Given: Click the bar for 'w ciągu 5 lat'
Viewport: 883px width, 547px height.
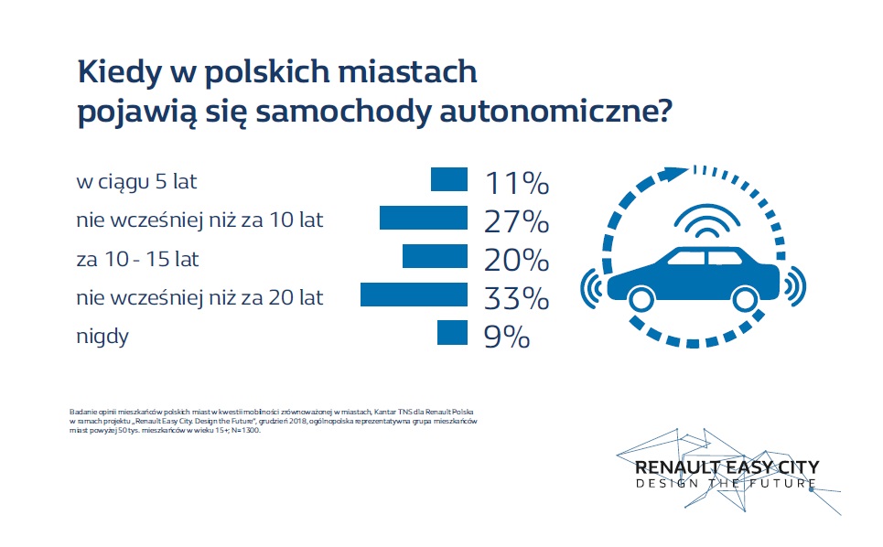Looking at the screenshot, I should [449, 180].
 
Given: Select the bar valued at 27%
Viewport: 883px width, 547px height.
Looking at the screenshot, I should [424, 219].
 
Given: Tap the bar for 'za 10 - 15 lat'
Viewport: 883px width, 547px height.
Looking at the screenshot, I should [435, 257].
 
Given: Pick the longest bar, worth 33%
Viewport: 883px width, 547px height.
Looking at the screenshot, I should [415, 295].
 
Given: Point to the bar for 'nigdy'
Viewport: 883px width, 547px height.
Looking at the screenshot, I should [452, 334].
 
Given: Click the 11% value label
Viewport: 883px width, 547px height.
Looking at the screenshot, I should [516, 183].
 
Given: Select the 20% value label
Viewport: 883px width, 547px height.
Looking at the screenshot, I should [516, 260].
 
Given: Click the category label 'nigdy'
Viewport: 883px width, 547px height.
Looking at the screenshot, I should [102, 337].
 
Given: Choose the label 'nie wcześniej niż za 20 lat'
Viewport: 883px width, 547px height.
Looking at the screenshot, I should [199, 297].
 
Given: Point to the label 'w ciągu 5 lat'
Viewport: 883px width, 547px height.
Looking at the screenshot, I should [136, 183].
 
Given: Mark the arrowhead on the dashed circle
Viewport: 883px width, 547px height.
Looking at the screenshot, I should [677, 171].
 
